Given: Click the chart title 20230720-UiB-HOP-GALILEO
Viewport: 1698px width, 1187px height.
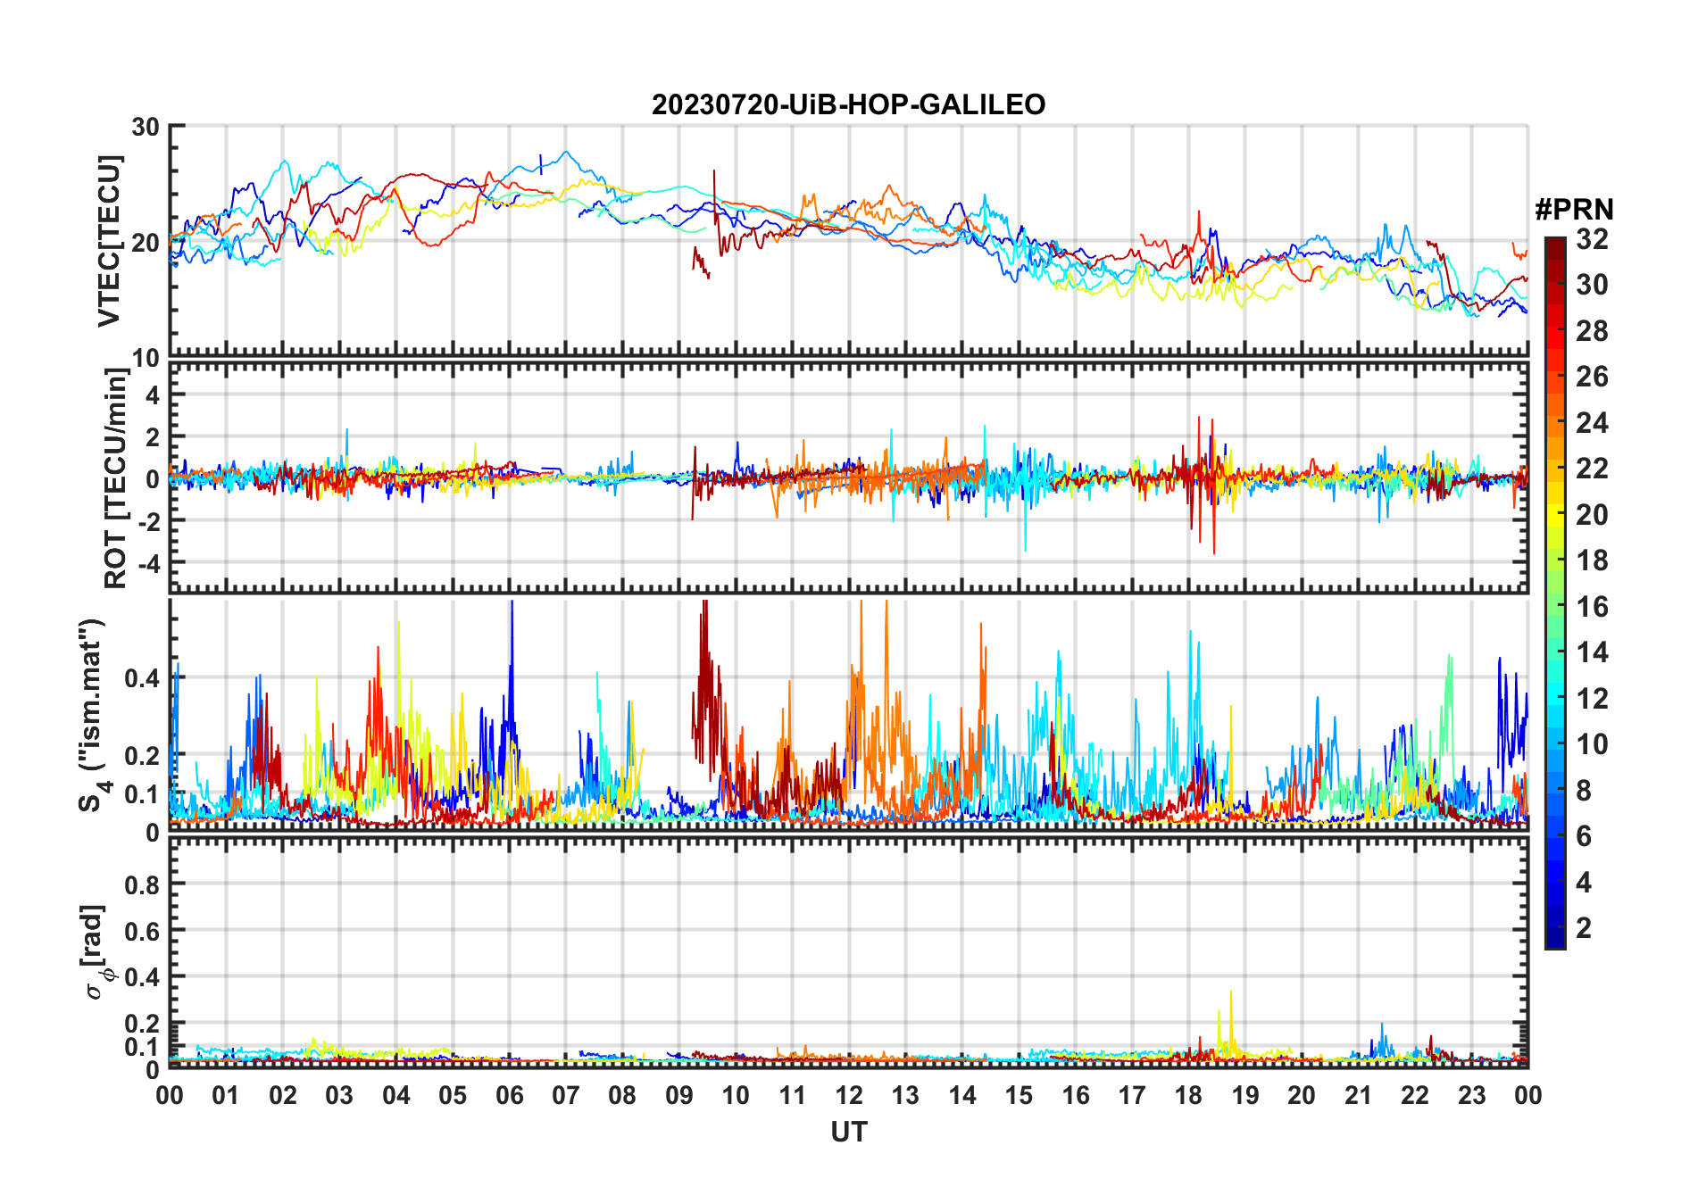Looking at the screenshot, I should coord(848,105).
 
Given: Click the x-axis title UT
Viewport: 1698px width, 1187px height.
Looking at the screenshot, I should coord(848,1133).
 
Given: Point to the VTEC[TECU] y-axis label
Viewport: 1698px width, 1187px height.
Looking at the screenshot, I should coord(109,241).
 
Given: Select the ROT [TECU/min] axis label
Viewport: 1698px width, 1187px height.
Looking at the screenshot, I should coord(116,477).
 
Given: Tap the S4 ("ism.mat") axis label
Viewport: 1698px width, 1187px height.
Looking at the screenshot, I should coord(93,715).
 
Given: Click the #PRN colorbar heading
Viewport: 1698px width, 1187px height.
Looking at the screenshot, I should coord(1574,210).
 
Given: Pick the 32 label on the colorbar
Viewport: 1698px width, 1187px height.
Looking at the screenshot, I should coord(1592,239).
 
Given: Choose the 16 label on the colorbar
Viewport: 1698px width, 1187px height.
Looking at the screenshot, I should coord(1592,607).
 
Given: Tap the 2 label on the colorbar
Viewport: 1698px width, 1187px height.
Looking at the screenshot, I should coord(1584,928).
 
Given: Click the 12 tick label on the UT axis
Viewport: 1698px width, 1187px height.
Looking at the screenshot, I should coord(849,1096).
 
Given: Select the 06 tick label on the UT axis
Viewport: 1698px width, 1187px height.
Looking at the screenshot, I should coord(510,1096).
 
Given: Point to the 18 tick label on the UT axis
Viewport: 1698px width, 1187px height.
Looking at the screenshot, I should coord(1188,1096).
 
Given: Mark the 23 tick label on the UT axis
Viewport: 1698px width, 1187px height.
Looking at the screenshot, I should coord(1471,1096).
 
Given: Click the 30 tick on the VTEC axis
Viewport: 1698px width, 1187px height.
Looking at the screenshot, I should coord(146,128).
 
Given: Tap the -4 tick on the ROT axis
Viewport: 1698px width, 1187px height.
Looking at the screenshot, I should coord(148,564).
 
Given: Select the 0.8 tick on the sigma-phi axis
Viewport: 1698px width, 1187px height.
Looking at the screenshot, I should coord(143,885).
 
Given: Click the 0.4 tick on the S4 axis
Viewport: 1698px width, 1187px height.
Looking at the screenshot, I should coord(143,679).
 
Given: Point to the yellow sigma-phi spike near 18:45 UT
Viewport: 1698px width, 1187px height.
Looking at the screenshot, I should coord(1231,995).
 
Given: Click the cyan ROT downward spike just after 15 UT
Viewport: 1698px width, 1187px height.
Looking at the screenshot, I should coord(1025,546).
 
